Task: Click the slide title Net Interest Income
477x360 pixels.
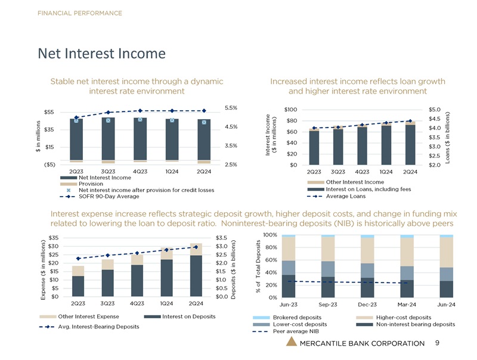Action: click(x=101, y=54)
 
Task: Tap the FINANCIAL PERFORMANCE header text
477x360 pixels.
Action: click(x=80, y=13)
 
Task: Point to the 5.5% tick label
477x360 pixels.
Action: click(x=232, y=108)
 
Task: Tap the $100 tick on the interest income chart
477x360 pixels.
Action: click(x=292, y=110)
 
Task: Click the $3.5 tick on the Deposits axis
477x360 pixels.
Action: click(x=222, y=238)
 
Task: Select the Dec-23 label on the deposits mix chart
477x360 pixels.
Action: click(x=367, y=304)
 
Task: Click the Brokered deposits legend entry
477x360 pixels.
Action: click(x=294, y=316)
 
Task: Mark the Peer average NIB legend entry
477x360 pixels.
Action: click(x=294, y=331)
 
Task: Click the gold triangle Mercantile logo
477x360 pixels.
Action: click(x=290, y=342)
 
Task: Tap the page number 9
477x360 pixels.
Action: click(x=437, y=343)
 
